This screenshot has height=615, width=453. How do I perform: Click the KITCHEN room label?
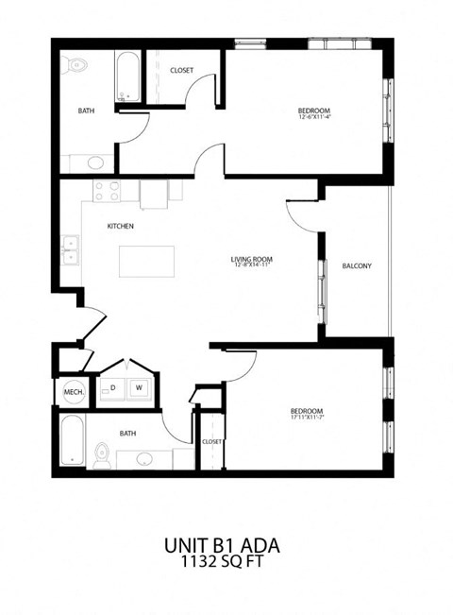tap(120, 227)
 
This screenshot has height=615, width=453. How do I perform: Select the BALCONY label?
tap(357, 265)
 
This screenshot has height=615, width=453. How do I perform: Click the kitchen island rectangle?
tap(146, 261)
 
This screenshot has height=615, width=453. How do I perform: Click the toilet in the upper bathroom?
tap(76, 65)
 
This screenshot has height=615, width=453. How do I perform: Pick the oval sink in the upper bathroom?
tap(95, 162)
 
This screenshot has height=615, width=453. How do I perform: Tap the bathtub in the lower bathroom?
tap(72, 441)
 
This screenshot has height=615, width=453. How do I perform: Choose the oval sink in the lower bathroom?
tap(144, 459)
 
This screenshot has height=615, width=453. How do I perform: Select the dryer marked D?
tap(113, 387)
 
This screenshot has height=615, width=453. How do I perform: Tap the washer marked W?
tap(138, 387)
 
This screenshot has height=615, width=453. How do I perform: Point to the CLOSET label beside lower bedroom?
tap(211, 441)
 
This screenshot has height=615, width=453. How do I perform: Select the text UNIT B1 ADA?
tap(222, 545)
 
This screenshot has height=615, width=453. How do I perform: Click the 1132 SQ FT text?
tap(222, 562)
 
